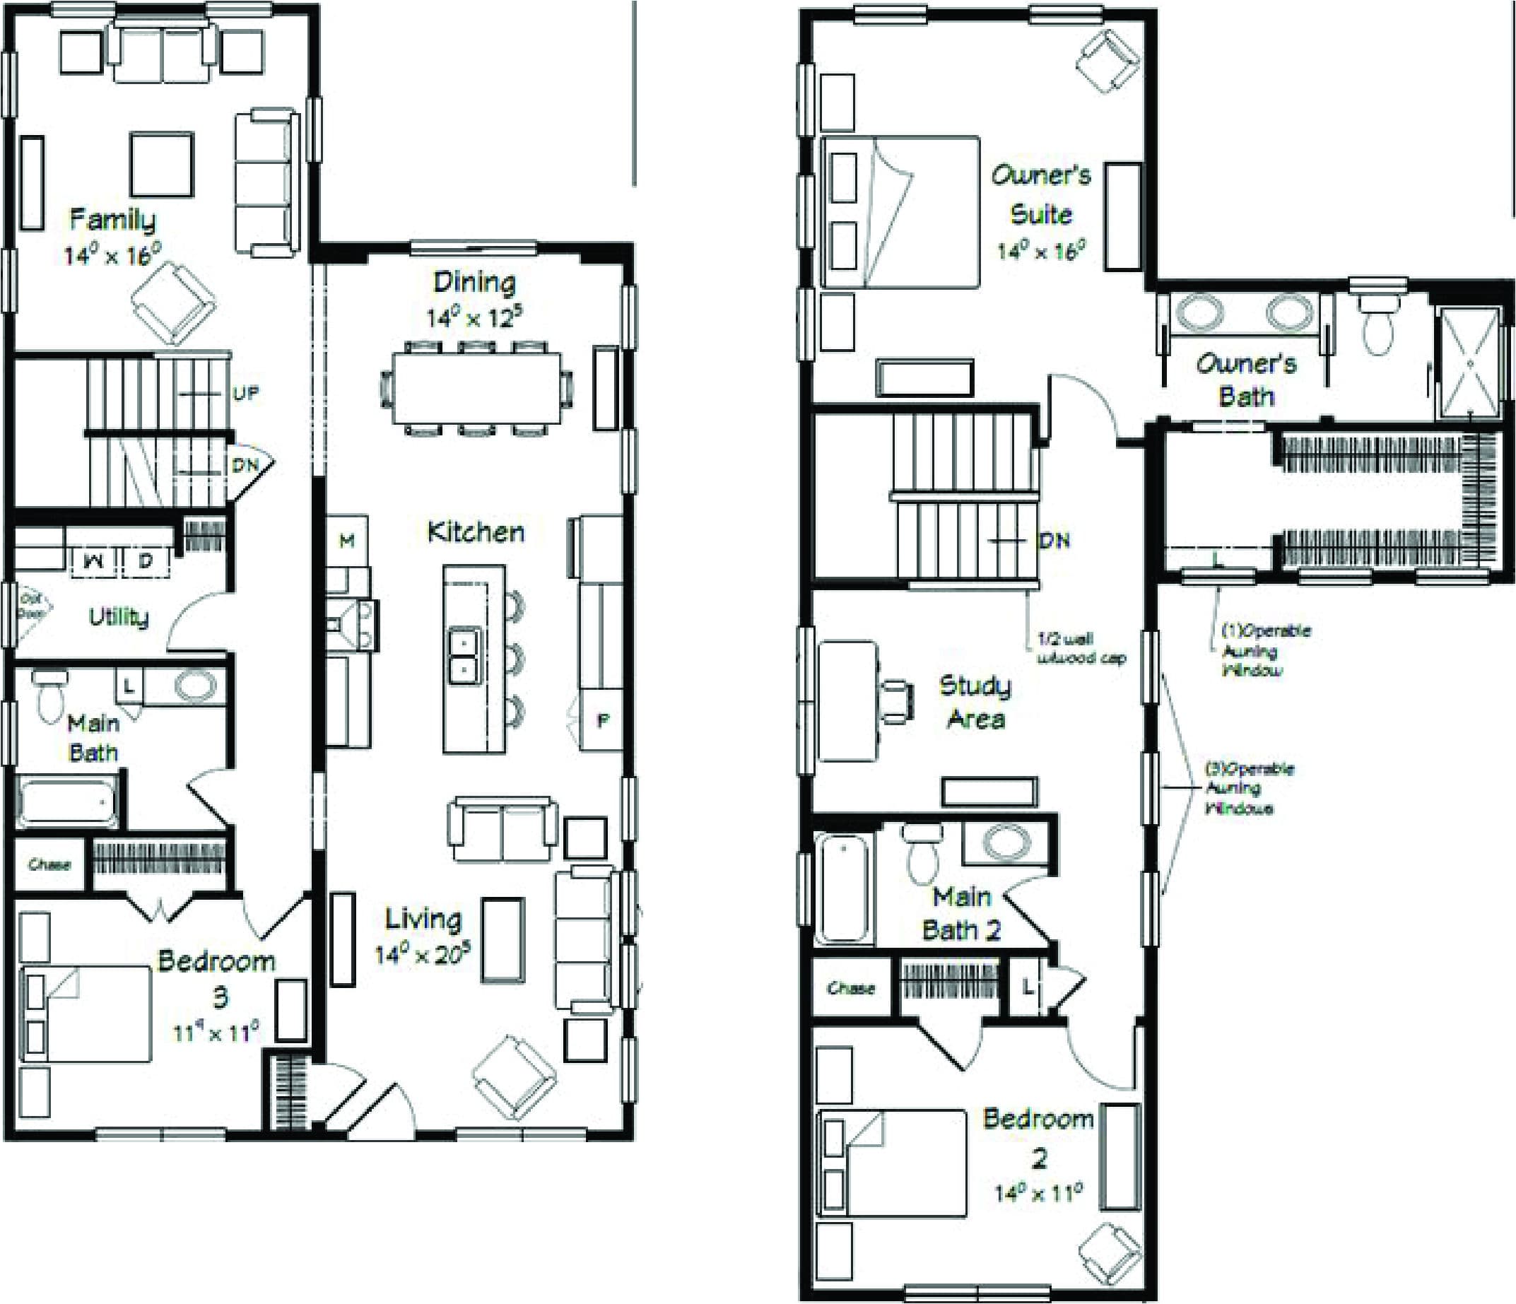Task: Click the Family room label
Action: coord(112,220)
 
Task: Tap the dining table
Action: coord(476,389)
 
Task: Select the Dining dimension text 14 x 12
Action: coord(474,318)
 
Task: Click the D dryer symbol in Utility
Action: coord(146,561)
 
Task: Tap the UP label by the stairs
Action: coord(245,394)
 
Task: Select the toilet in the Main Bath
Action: coord(49,697)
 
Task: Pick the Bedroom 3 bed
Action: coord(86,1014)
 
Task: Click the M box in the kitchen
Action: coord(347,541)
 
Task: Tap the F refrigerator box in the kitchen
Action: coord(602,721)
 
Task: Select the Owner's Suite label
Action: coord(1040,194)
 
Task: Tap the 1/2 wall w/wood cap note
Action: coord(1081,647)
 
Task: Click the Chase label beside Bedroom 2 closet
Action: coord(851,988)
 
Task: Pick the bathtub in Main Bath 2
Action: coord(844,889)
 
